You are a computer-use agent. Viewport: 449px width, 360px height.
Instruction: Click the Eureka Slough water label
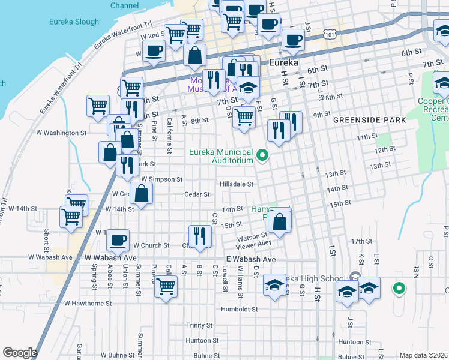(x=74, y=22)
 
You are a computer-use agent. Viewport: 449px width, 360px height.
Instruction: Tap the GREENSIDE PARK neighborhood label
(x=369, y=119)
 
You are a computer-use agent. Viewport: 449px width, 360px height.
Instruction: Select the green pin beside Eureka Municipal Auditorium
(x=262, y=156)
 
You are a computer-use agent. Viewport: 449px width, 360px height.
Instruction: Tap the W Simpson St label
(x=161, y=179)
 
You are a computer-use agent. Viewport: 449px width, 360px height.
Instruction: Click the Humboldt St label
(x=238, y=310)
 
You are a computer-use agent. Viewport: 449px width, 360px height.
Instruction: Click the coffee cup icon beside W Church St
(x=118, y=240)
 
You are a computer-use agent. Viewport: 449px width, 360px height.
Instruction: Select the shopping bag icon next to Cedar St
(x=141, y=194)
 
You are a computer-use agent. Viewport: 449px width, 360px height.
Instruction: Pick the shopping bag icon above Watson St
(x=280, y=221)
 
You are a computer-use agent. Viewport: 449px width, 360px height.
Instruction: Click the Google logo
(x=20, y=353)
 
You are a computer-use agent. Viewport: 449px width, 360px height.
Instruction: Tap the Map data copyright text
(x=423, y=355)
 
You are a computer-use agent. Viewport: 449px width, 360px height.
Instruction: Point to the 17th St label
(x=362, y=241)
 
